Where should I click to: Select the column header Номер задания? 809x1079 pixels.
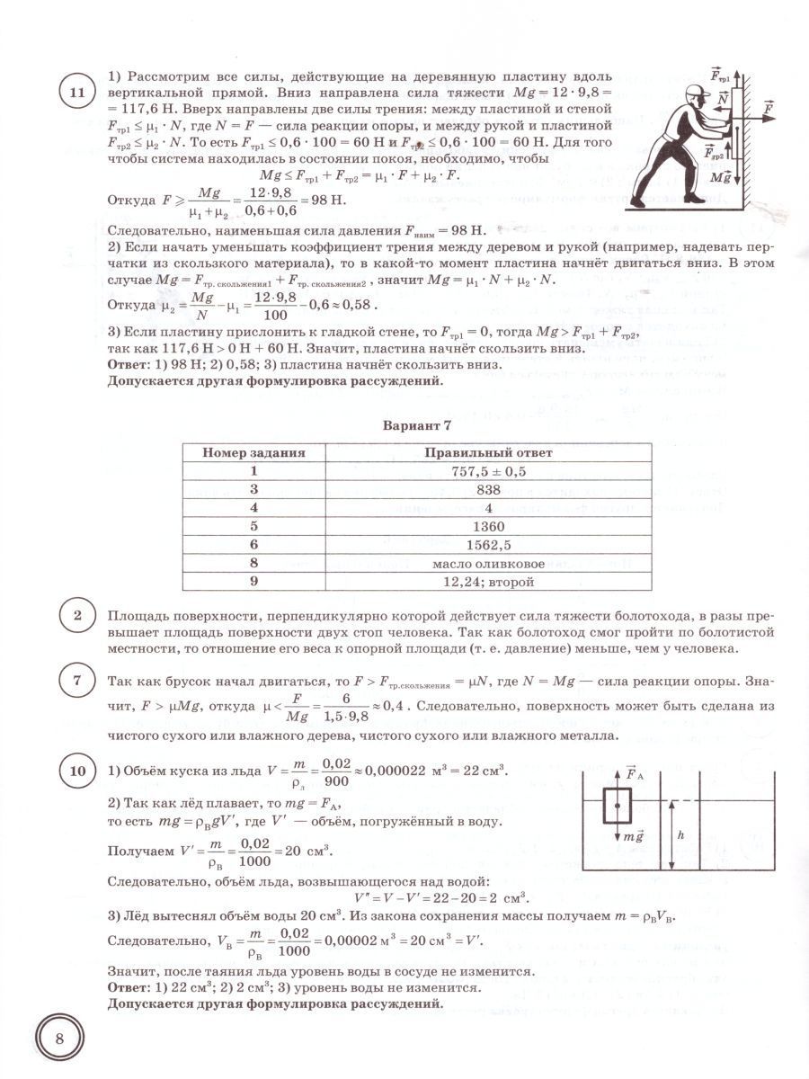pos(253,453)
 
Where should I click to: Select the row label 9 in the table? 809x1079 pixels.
pos(253,583)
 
